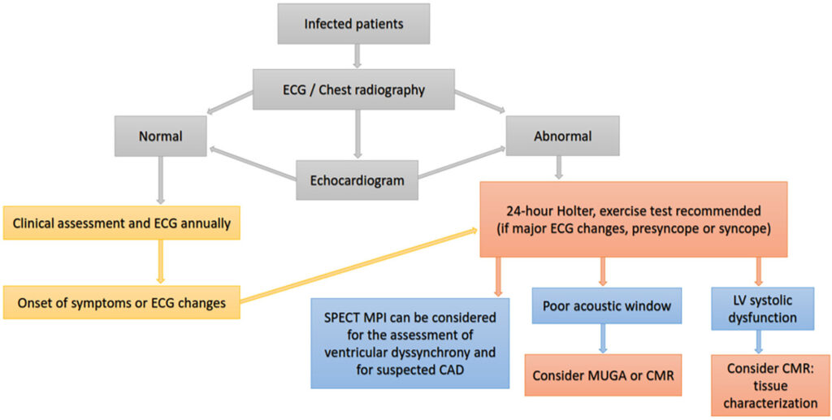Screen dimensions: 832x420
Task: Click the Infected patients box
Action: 354,24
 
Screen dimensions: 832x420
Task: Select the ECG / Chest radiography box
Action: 353,89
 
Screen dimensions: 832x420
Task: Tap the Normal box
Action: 160,136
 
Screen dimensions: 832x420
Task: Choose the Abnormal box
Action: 562,136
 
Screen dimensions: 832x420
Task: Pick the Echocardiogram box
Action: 357,180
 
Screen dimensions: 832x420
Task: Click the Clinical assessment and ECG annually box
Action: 122,223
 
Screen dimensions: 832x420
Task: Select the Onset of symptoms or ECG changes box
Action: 122,303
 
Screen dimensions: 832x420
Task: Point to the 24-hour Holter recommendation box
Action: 634,219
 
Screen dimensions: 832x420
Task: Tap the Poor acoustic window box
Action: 606,305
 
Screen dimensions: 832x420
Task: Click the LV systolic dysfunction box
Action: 762,309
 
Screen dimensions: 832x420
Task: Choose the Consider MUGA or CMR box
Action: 603,375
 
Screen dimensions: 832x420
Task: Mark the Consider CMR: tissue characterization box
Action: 770,386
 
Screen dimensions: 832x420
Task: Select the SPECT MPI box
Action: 410,343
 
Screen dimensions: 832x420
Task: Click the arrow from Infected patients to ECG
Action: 357,56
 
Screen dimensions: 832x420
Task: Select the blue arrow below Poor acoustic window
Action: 603,339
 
